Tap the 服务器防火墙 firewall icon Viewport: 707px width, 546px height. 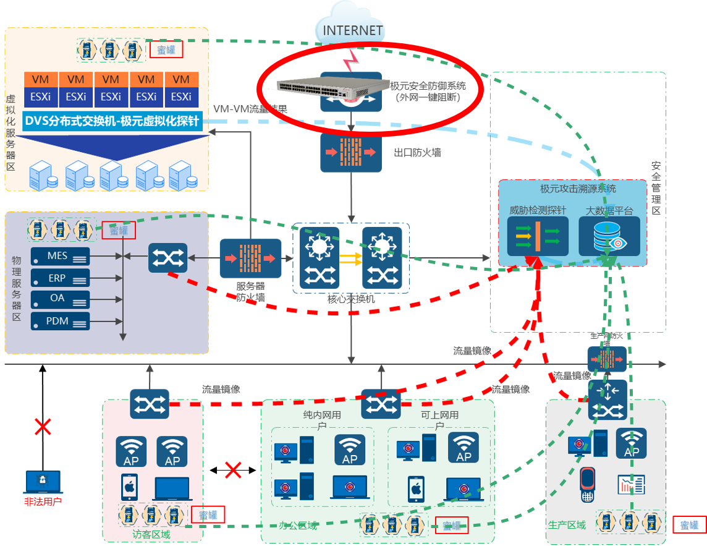tap(250, 258)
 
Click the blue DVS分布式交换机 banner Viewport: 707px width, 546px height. tap(111, 121)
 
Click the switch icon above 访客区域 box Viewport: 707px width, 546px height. tap(150, 404)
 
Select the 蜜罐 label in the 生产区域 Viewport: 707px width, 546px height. tap(690, 525)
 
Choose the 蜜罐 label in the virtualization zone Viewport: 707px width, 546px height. tap(166, 49)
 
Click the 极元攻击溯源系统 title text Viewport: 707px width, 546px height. tap(573, 188)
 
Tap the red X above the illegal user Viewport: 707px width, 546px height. tap(43, 426)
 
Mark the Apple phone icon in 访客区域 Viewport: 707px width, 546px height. tap(129, 487)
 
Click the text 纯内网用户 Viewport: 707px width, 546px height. tap(322, 420)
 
